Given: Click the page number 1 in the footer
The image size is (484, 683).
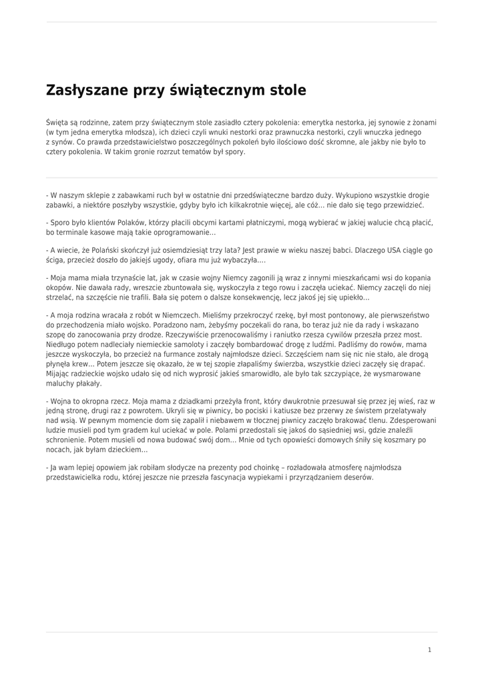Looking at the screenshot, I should [x=429, y=649].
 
